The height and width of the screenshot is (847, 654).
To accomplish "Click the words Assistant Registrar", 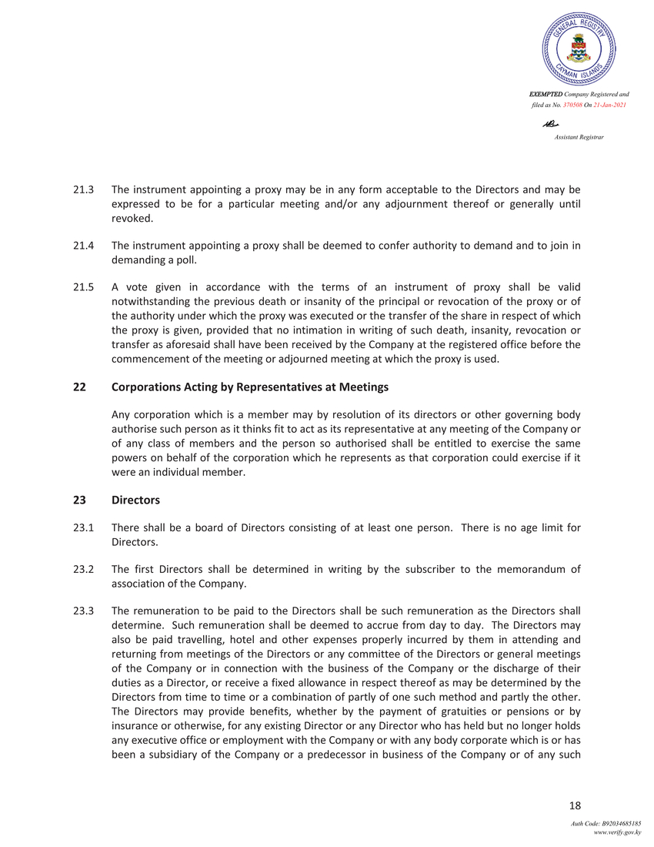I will (x=579, y=136).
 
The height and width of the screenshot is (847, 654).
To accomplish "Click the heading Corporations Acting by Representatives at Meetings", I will (x=249, y=387).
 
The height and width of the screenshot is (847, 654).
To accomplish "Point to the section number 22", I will (x=78, y=387).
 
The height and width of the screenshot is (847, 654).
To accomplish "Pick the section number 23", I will (x=78, y=500).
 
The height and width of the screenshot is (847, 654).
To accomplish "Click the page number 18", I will (x=574, y=805).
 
